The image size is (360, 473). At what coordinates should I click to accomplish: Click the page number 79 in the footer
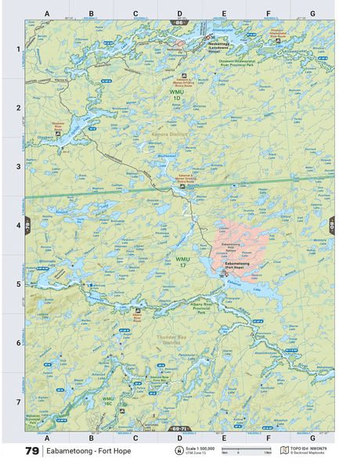click(x=31, y=452)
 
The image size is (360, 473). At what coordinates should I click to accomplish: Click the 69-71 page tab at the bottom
click(x=180, y=430)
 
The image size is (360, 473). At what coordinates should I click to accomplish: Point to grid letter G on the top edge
click(x=312, y=13)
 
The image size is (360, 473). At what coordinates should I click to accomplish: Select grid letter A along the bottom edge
click(x=46, y=439)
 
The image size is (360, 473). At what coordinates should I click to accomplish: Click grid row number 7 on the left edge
click(x=17, y=402)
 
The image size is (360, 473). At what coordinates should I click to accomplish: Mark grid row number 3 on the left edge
click(x=17, y=166)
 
